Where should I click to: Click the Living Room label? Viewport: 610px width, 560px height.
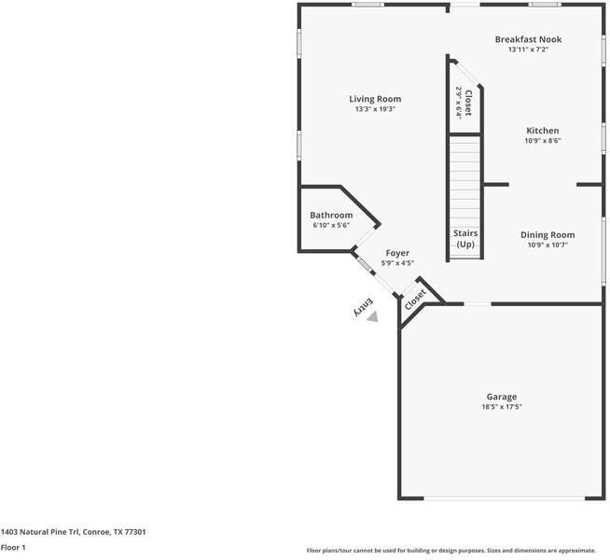(375, 99)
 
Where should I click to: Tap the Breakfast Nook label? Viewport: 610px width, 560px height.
(528, 39)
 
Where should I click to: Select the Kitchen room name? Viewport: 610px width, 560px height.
(542, 131)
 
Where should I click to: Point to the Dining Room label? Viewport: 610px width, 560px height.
(548, 235)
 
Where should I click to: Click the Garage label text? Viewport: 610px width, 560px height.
(501, 397)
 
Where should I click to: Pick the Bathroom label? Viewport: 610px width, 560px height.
(331, 216)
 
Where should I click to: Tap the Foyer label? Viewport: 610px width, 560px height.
(397, 253)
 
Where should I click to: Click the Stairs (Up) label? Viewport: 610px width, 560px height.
(464, 239)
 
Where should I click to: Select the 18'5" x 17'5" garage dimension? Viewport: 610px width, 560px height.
(501, 407)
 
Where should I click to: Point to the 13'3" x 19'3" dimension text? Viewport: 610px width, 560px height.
(375, 109)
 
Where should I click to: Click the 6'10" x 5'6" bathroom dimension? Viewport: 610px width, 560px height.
(331, 226)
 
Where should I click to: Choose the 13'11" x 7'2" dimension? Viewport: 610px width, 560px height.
(528, 49)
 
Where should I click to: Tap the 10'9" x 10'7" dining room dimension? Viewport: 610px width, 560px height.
(548, 245)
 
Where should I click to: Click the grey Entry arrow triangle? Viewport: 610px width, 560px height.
(372, 316)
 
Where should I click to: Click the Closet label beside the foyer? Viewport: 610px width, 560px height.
(415, 299)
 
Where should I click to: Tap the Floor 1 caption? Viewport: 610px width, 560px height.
(13, 548)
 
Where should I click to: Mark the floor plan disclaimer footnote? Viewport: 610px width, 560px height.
(451, 550)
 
